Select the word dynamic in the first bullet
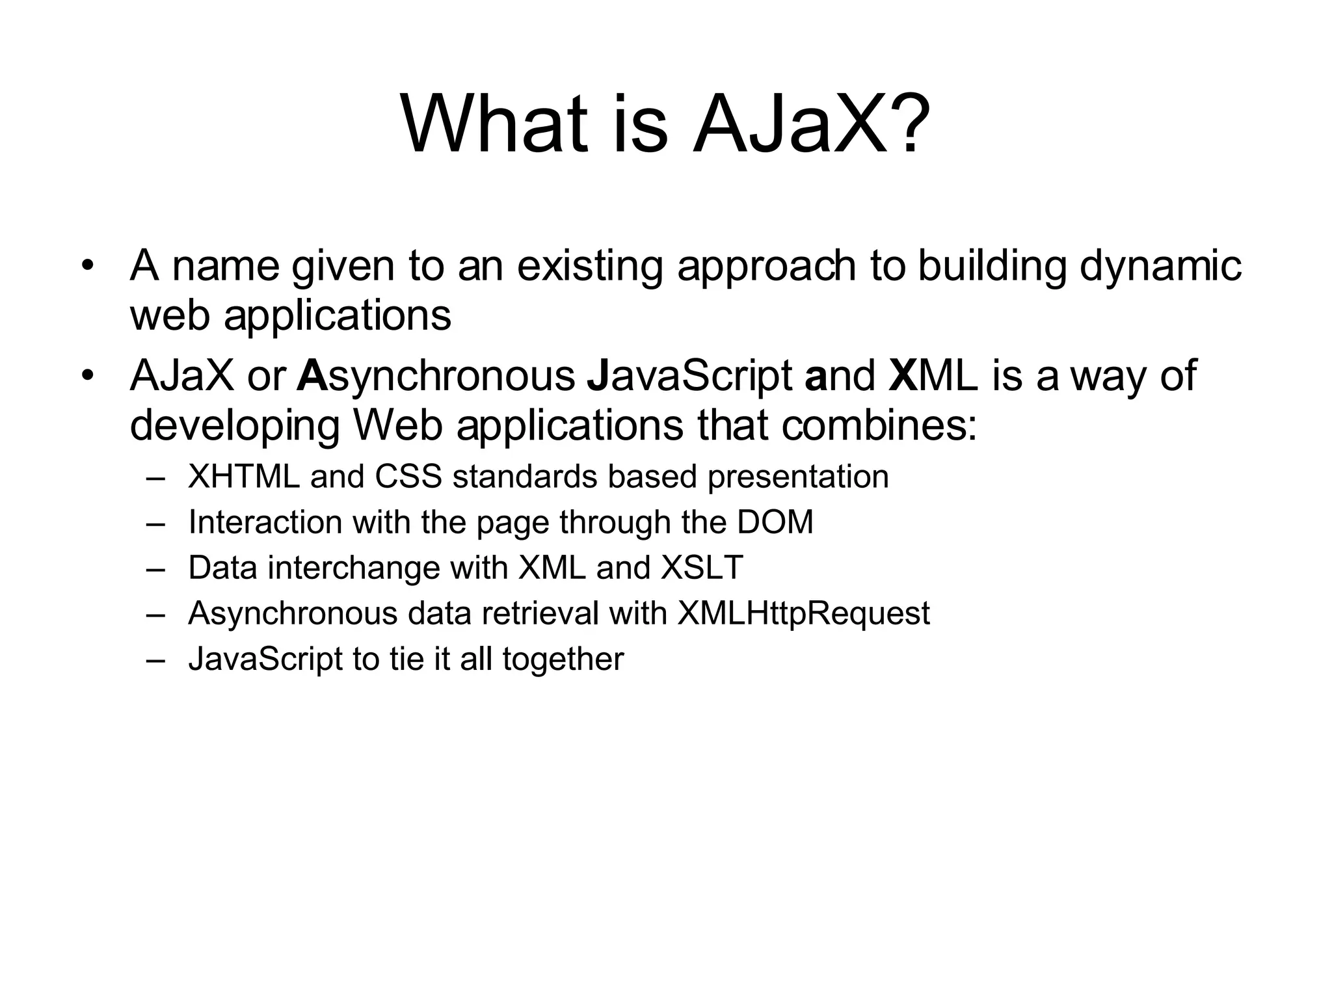click(1160, 267)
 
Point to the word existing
click(589, 267)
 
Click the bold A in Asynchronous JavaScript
click(311, 376)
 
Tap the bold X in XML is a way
click(902, 376)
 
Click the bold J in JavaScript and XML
click(596, 376)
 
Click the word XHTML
click(244, 477)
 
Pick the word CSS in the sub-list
click(408, 477)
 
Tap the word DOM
click(775, 522)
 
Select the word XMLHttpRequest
click(803, 613)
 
